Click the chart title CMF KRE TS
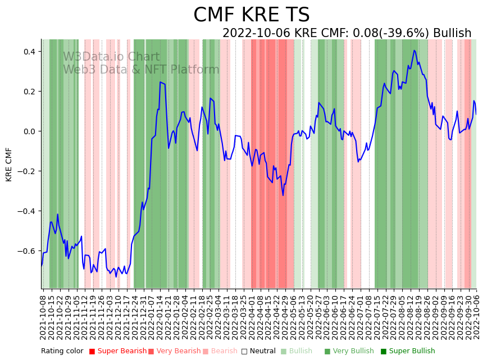click(251, 15)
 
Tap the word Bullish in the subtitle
click(452, 34)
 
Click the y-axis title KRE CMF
click(9, 165)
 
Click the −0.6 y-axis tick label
click(26, 251)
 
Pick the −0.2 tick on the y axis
click(26, 171)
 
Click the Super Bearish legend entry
click(119, 352)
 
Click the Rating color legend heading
click(62, 352)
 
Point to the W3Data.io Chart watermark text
click(111, 57)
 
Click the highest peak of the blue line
click(415, 51)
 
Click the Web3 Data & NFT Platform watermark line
click(141, 70)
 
